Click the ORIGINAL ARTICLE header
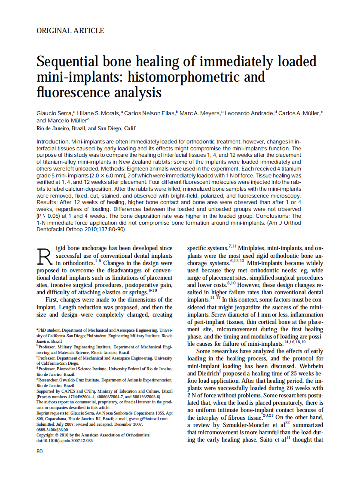[x=70, y=31]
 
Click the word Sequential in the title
[x=70, y=61]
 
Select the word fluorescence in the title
[x=72, y=92]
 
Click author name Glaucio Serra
[x=55, y=113]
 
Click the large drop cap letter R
[x=45, y=256]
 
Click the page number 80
[x=40, y=451]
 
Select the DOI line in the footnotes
[x=64, y=440]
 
